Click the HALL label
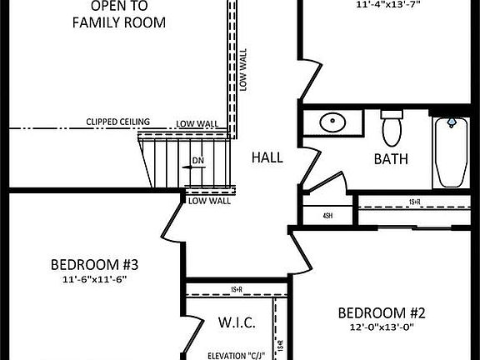pyautogui.click(x=267, y=157)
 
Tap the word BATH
pyautogui.click(x=391, y=158)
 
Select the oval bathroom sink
pyautogui.click(x=333, y=122)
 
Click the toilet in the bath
pyautogui.click(x=392, y=128)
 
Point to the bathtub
pyautogui.click(x=450, y=152)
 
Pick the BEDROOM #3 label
pyautogui.click(x=94, y=266)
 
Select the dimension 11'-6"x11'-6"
pyautogui.click(x=94, y=281)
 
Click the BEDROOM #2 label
pyautogui.click(x=382, y=313)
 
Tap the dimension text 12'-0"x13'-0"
pyautogui.click(x=382, y=327)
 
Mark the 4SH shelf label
pyautogui.click(x=327, y=216)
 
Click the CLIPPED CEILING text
pyautogui.click(x=117, y=122)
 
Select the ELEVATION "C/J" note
pyautogui.click(x=236, y=352)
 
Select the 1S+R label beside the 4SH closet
pyautogui.click(x=414, y=202)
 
